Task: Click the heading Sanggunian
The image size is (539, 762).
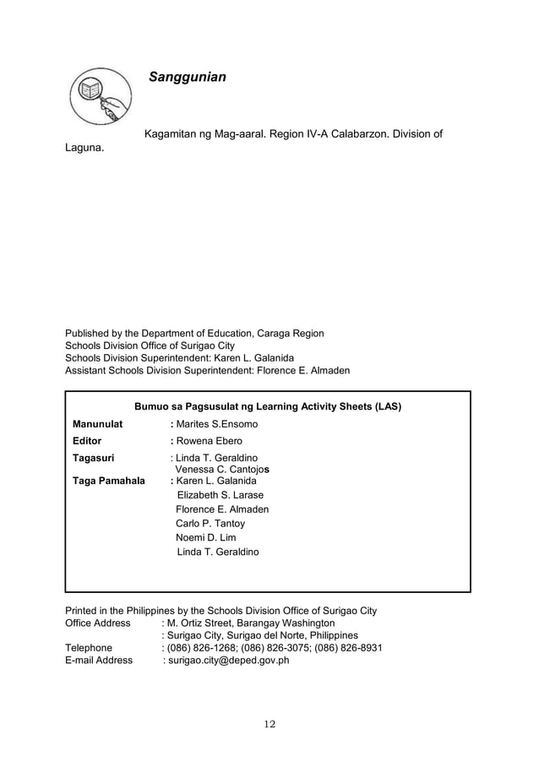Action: point(187,78)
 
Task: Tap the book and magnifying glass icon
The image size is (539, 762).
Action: point(100,101)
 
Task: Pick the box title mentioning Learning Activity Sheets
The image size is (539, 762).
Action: point(267,406)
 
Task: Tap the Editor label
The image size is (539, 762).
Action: point(87,441)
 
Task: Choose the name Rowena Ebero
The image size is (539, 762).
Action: point(209,441)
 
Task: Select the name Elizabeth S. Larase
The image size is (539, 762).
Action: point(220,495)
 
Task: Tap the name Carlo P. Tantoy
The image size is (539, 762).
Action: point(210,524)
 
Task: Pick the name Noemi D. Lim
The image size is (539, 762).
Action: point(206,538)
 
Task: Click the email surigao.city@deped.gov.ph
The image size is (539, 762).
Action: point(226,661)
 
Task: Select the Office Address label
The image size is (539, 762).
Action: point(98,623)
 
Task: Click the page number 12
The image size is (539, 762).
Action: point(269,724)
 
